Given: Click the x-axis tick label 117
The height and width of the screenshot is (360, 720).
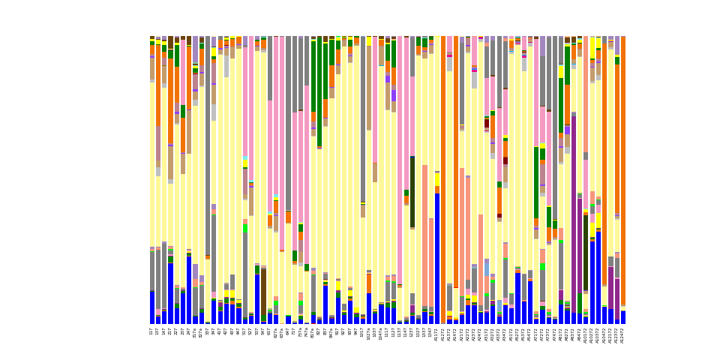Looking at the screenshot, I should click(x=152, y=331).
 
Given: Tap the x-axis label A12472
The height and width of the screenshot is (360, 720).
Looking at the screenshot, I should click(x=623, y=334).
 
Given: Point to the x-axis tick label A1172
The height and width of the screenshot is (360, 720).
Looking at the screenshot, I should click(x=437, y=334).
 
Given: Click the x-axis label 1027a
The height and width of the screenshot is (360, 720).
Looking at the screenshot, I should click(x=369, y=334).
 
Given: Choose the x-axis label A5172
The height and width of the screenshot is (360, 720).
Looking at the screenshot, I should click(x=511, y=334).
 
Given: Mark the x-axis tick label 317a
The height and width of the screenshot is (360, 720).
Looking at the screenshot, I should click(x=196, y=333).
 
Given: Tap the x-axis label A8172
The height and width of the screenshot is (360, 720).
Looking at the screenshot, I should click(x=568, y=334).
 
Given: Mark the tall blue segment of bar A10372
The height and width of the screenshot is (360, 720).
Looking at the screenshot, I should click(x=598, y=277).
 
